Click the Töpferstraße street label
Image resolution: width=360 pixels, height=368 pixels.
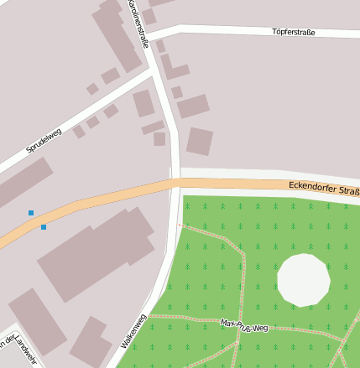pos(294,32)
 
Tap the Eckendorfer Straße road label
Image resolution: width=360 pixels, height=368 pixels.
pos(323,188)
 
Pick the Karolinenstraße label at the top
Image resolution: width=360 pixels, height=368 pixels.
pos(139,20)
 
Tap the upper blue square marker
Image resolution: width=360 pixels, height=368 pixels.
pos(31,213)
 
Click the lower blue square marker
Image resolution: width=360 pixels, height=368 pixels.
pos(44,227)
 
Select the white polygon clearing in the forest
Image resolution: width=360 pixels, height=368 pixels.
pos(303,280)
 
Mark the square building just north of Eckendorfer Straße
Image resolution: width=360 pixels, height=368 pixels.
pos(200,141)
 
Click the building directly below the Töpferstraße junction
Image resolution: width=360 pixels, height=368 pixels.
pos(174,68)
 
